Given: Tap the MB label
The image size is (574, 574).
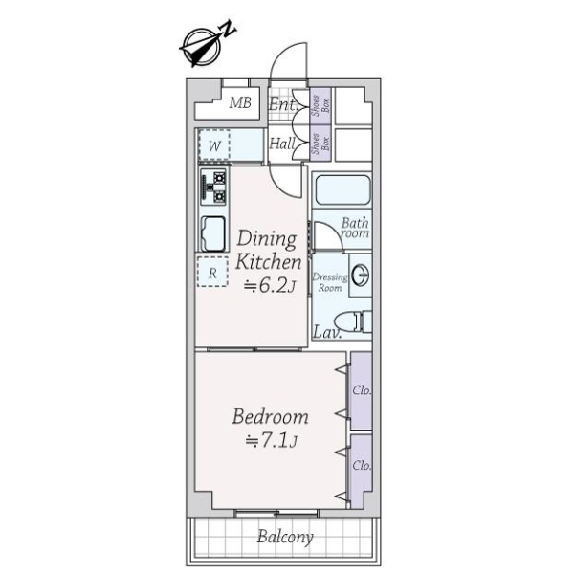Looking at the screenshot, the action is (240, 103).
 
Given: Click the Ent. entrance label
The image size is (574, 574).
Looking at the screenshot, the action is (283, 104).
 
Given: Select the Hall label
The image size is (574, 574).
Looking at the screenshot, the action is (282, 143).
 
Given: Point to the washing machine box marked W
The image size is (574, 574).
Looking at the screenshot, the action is (214, 145).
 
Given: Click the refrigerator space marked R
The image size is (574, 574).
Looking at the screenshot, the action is (212, 272).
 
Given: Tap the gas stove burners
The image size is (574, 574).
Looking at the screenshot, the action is (213, 188).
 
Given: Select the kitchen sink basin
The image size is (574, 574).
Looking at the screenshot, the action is (213, 234).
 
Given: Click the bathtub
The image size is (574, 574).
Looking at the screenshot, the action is (342, 190).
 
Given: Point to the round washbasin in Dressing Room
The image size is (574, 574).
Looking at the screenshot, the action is (361, 276).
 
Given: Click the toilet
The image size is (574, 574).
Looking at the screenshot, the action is (353, 321).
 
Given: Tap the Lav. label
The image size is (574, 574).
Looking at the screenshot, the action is (327, 332).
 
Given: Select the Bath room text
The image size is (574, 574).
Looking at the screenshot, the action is (355, 228).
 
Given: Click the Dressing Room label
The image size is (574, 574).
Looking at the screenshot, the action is (330, 282).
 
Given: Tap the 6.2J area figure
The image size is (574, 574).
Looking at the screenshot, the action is (270, 286).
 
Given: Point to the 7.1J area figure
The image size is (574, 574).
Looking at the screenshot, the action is (272, 441).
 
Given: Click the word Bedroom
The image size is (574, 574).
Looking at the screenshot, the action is (270, 416).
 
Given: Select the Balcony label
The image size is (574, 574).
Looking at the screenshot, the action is (285, 537).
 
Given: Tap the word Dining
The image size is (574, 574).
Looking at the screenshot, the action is (267, 239).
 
